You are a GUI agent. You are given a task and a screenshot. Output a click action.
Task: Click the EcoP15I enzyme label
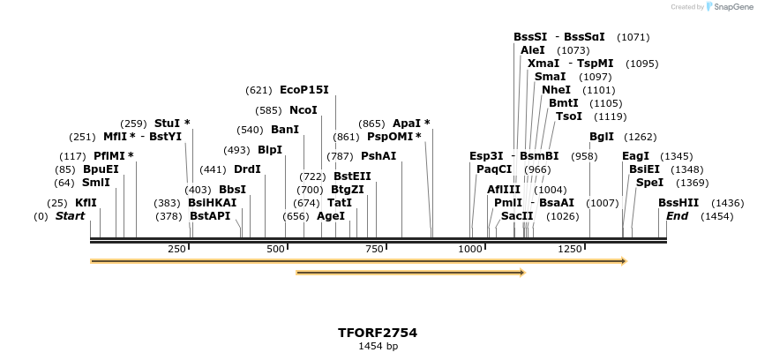304,90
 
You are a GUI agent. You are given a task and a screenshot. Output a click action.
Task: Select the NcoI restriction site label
303,110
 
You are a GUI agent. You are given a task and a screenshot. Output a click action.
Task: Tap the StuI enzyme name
168,124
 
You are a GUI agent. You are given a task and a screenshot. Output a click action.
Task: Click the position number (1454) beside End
716,216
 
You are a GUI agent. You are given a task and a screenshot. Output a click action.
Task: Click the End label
678,216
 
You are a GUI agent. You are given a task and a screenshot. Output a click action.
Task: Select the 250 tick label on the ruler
177,250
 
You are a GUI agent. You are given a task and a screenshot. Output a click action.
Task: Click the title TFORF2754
378,333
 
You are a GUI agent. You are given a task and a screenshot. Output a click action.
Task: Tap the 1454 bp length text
378,347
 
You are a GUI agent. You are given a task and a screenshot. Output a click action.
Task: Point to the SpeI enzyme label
649,183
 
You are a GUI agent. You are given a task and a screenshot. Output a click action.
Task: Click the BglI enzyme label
602,137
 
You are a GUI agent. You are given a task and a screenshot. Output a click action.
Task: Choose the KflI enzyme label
86,203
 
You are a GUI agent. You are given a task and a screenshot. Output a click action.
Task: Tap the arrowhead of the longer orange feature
623,261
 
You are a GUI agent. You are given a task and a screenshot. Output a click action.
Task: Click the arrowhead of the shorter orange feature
521,273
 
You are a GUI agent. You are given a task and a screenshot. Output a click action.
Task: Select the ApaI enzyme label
407,124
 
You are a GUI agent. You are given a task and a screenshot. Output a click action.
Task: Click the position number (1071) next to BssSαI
633,37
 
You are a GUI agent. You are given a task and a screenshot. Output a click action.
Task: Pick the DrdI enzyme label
247,169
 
